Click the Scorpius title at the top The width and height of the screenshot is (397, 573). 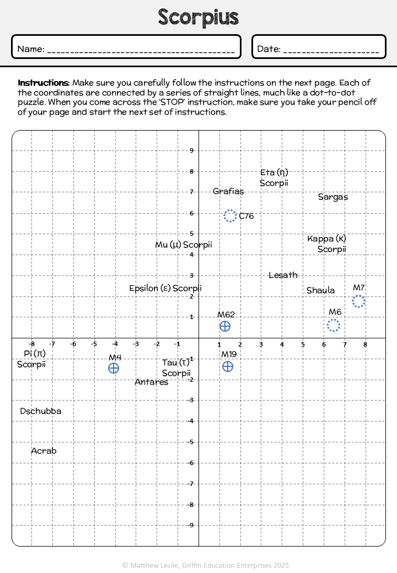pos(198,17)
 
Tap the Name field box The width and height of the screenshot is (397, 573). pos(126,46)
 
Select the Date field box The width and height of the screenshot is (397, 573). pos(319,46)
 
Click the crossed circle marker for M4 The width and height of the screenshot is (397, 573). pos(114,368)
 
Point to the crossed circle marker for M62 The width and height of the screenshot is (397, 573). pos(225,326)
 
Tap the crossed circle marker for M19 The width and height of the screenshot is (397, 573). pos(228,366)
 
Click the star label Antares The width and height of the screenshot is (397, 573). pos(151,382)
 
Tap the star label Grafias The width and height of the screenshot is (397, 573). pos(228,191)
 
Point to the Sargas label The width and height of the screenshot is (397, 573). pos(332,197)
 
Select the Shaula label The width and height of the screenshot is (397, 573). pos(320,290)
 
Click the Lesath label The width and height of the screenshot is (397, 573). pos(283,275)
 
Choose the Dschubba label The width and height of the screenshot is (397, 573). pos(41,411)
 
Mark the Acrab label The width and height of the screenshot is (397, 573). pos(44,451)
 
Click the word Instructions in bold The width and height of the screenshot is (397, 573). pos(43,83)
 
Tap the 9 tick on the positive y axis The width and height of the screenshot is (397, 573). pos(191,150)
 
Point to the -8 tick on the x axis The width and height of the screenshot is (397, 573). pos(32,344)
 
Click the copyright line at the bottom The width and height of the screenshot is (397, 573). pos(206,565)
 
